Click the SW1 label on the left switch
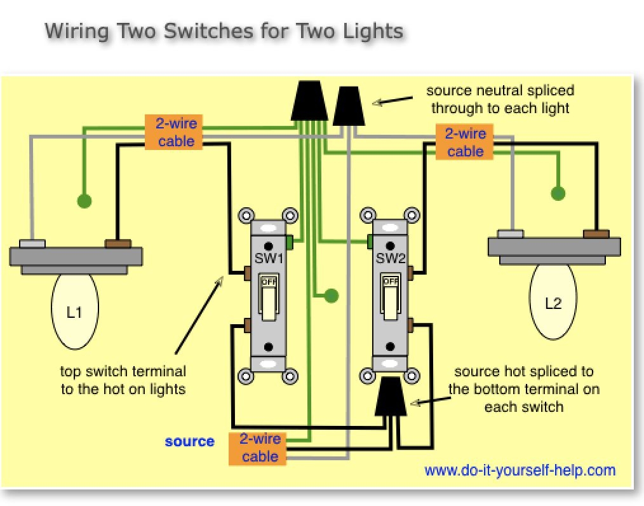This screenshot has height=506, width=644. [x=269, y=259]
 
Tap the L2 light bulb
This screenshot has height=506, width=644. [x=553, y=303]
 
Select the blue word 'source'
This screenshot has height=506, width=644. [x=189, y=441]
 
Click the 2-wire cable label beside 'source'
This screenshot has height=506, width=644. [x=260, y=448]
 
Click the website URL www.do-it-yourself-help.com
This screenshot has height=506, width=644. [x=520, y=470]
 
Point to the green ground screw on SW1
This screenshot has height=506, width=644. [x=290, y=242]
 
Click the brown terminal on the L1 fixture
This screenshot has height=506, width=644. [x=117, y=243]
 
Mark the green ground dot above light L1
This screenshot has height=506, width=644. [x=83, y=201]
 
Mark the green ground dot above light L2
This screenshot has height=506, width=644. [x=558, y=193]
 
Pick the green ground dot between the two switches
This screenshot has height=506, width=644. [x=330, y=295]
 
